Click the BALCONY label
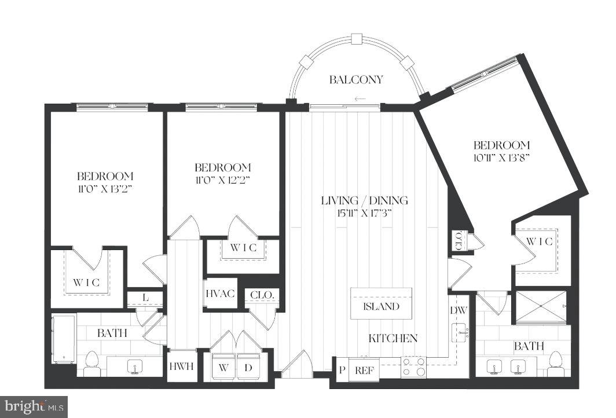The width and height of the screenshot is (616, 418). (x=356, y=80)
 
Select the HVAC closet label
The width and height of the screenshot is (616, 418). (x=220, y=294)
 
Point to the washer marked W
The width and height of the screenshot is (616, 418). (x=223, y=366)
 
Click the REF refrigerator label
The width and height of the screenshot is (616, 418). (x=363, y=370)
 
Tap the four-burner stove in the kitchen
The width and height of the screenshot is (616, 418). (x=413, y=367)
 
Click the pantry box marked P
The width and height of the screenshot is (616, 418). (x=342, y=370)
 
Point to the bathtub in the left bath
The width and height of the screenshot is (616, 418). (x=63, y=339)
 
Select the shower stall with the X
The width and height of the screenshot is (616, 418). (x=542, y=306)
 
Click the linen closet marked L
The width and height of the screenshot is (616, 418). (x=145, y=298)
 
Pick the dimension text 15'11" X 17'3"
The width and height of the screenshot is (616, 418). (x=365, y=212)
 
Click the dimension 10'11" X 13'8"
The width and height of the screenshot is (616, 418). (x=501, y=157)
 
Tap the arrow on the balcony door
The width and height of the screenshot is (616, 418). (x=360, y=99)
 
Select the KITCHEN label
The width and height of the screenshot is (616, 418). (x=394, y=338)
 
